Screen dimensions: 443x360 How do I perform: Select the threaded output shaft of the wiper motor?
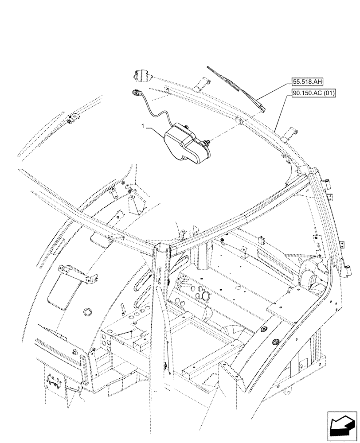tap(207, 143)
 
